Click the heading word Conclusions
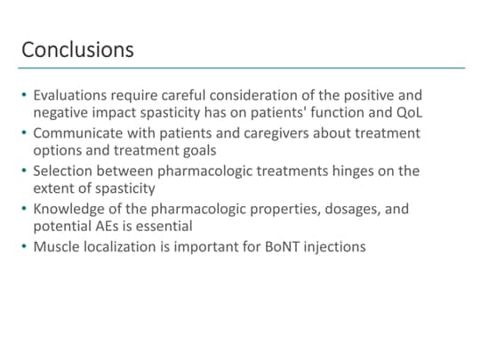tap(77, 49)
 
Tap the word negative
tap(63, 113)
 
